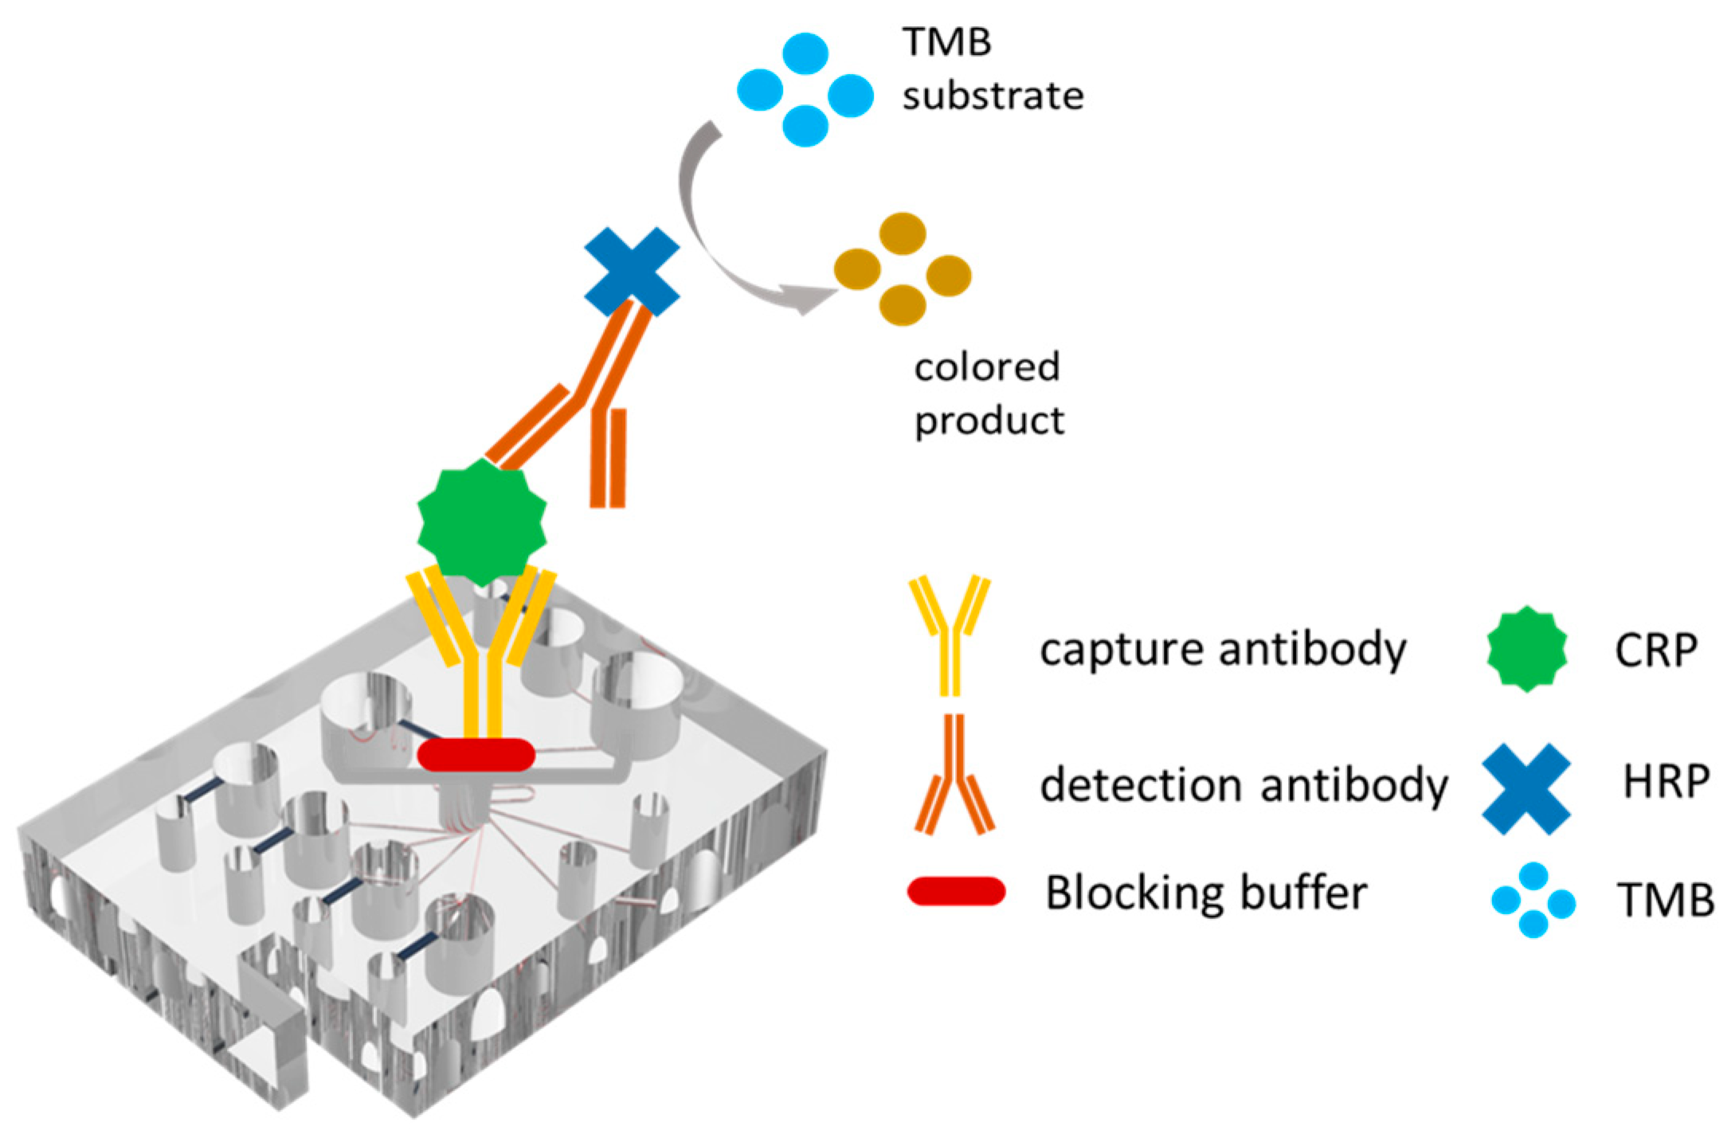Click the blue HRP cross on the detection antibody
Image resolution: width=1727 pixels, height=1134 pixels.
632,272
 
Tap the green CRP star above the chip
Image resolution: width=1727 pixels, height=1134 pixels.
482,522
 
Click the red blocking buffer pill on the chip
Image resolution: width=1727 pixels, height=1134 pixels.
476,754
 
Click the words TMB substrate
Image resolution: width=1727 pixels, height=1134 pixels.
991,69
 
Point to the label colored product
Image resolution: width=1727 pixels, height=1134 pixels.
988,393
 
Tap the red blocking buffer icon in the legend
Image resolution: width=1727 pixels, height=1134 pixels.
956,891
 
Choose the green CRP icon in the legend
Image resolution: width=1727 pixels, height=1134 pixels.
1526,649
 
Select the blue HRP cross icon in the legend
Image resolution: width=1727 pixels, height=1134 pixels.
1526,788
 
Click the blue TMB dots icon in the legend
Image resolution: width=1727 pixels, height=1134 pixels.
1533,901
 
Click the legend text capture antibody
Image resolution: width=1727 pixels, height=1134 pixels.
1223,649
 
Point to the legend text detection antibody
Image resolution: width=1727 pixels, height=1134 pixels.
1243,785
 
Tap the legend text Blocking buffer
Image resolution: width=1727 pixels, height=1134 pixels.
1206,892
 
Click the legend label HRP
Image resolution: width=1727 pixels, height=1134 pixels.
1666,781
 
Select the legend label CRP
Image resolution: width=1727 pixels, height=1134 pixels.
1655,650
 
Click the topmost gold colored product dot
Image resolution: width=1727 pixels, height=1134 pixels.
903,233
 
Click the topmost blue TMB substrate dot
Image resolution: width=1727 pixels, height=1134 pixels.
805,53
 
